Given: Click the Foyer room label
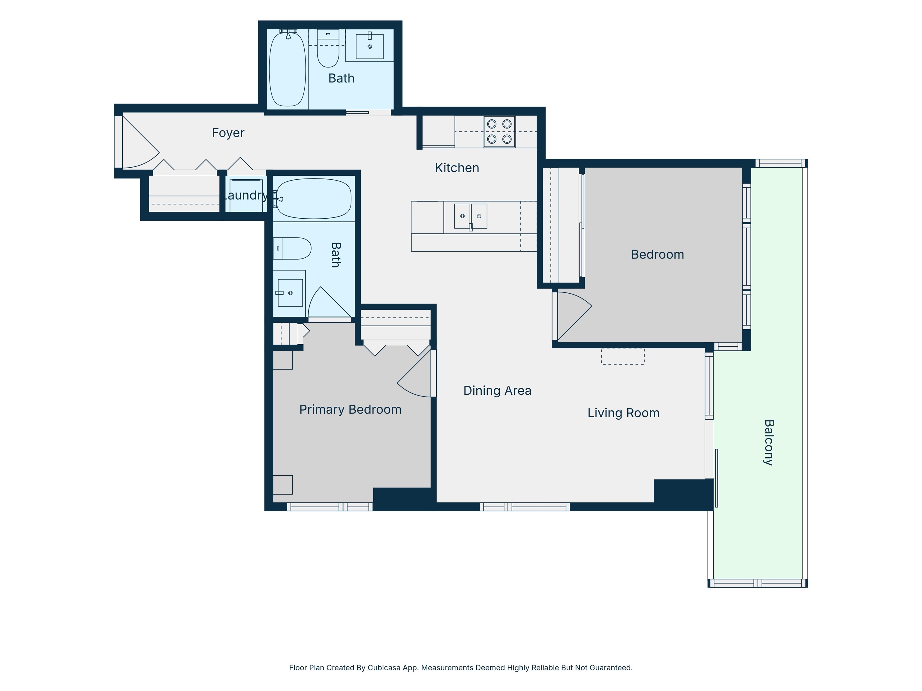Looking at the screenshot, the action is pyautogui.click(x=228, y=133).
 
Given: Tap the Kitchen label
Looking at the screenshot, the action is pyautogui.click(x=457, y=168).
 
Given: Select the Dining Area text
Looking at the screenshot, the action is pyautogui.click(x=497, y=391).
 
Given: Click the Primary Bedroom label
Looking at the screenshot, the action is pyautogui.click(x=350, y=410).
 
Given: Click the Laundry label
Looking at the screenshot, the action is pyautogui.click(x=246, y=195).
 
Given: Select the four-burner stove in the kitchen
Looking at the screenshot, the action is pyautogui.click(x=499, y=132).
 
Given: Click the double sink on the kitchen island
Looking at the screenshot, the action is pyautogui.click(x=471, y=216).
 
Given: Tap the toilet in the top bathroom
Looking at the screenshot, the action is pyautogui.click(x=328, y=48).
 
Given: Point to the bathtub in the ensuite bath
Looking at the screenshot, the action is pyautogui.click(x=314, y=199).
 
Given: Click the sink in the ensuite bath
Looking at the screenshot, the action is pyautogui.click(x=290, y=293).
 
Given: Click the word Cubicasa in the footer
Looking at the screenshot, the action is pyautogui.click(x=384, y=668).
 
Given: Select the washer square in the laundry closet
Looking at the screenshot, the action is pyautogui.click(x=246, y=196).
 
